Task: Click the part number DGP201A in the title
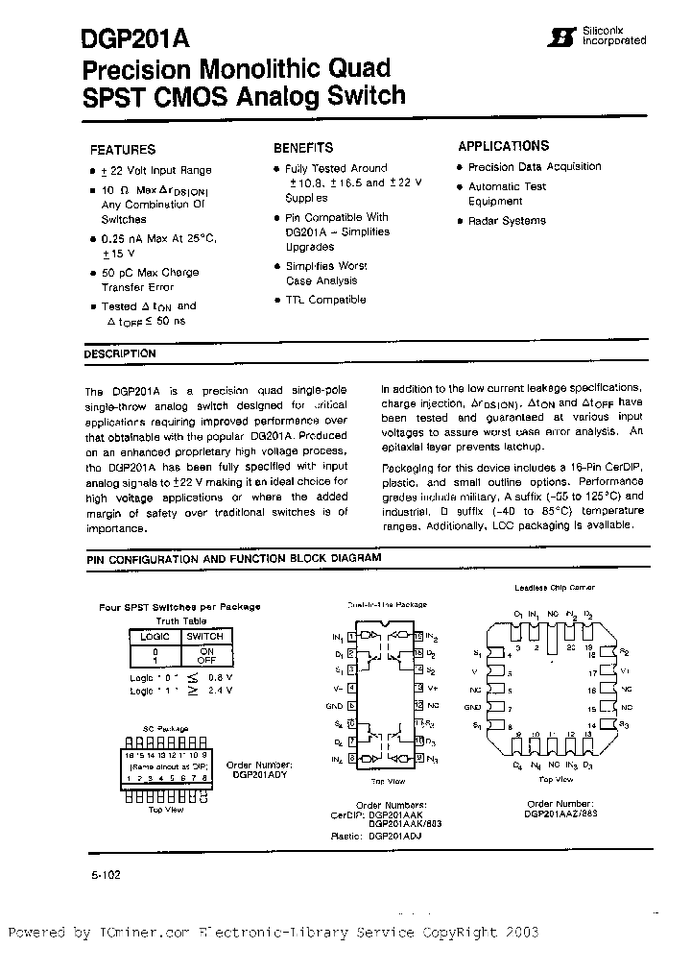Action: coord(135,38)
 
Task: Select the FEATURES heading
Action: coord(122,150)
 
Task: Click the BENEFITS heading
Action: coord(303,148)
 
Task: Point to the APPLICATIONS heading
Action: coord(504,146)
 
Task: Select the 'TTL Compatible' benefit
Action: coord(325,300)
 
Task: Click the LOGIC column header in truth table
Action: coord(155,636)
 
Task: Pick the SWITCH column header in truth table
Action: coord(204,636)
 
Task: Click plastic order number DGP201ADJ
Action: coord(394,836)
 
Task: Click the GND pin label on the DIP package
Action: coord(335,704)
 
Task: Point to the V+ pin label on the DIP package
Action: coord(432,688)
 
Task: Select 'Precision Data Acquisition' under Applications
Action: coord(535,166)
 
